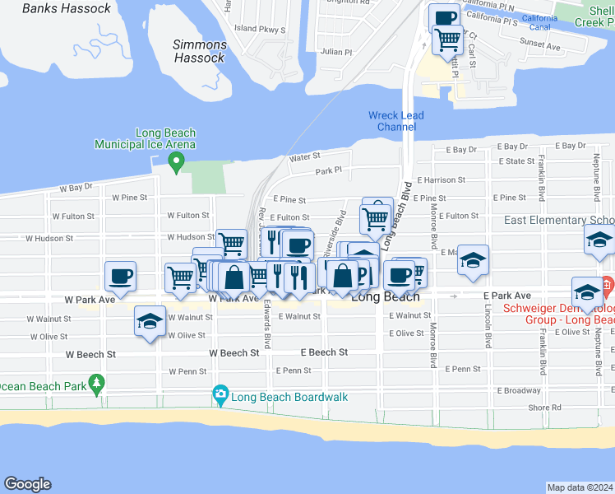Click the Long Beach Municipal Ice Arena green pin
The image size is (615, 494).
coord(174,162)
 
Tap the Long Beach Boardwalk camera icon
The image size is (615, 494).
coord(220,396)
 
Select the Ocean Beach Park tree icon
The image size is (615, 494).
coord(97,384)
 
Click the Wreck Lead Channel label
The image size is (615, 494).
coord(396,121)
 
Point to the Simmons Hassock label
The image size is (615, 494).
coord(200,51)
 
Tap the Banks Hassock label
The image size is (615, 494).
coord(67,8)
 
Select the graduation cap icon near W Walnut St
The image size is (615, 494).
coord(150,321)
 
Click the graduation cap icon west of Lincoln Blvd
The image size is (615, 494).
coord(473,259)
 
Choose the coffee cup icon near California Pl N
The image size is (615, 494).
coord(445,16)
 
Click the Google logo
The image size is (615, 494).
coord(27,484)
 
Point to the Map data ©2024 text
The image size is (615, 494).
coord(580,487)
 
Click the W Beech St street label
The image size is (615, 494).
coord(234,352)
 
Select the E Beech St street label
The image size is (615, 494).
coord(324,352)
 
